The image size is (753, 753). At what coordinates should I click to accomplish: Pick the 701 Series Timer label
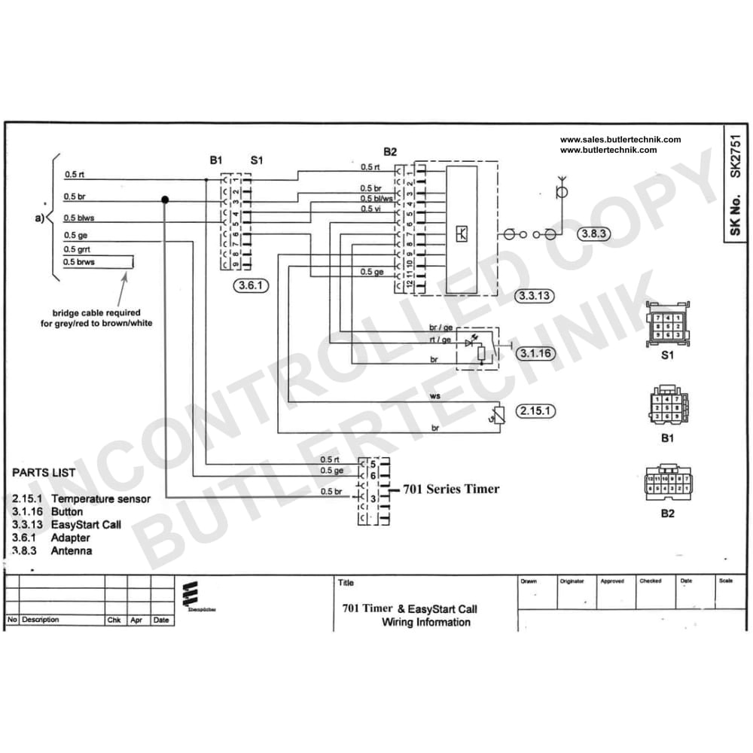point(451,489)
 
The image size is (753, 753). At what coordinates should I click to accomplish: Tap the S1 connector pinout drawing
point(667,325)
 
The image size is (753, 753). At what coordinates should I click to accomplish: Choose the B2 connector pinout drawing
point(667,484)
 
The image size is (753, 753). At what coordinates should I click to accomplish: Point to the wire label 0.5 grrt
point(78,249)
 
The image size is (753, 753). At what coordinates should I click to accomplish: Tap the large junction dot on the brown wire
point(164,200)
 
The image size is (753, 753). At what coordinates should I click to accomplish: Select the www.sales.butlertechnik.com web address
point(620,139)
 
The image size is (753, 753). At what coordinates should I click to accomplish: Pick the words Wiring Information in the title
point(426,622)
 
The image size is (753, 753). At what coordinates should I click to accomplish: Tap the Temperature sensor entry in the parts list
point(101,498)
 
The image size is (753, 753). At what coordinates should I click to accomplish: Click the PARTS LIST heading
point(44,473)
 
